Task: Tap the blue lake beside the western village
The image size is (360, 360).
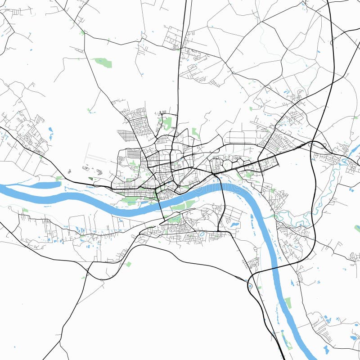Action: (x=50, y=133)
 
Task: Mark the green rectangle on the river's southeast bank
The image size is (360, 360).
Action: (x=288, y=302)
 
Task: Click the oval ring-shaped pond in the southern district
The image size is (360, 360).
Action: (x=202, y=234)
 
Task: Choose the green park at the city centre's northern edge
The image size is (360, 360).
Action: (x=167, y=122)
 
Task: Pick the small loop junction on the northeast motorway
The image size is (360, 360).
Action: (x=334, y=43)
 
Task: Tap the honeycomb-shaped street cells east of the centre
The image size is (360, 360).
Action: (x=234, y=162)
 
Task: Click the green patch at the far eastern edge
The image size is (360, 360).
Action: (x=357, y=229)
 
